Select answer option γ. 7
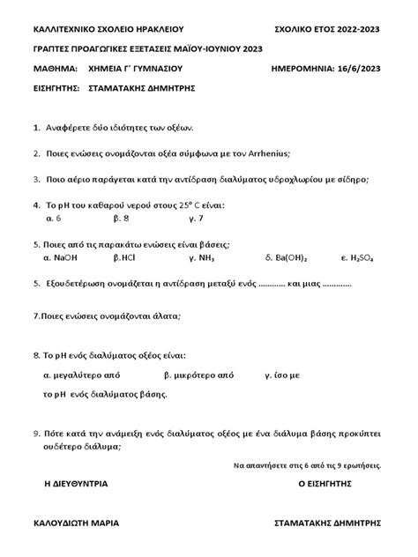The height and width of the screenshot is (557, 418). click(x=196, y=218)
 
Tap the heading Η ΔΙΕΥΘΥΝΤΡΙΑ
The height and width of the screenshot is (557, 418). click(x=75, y=484)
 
